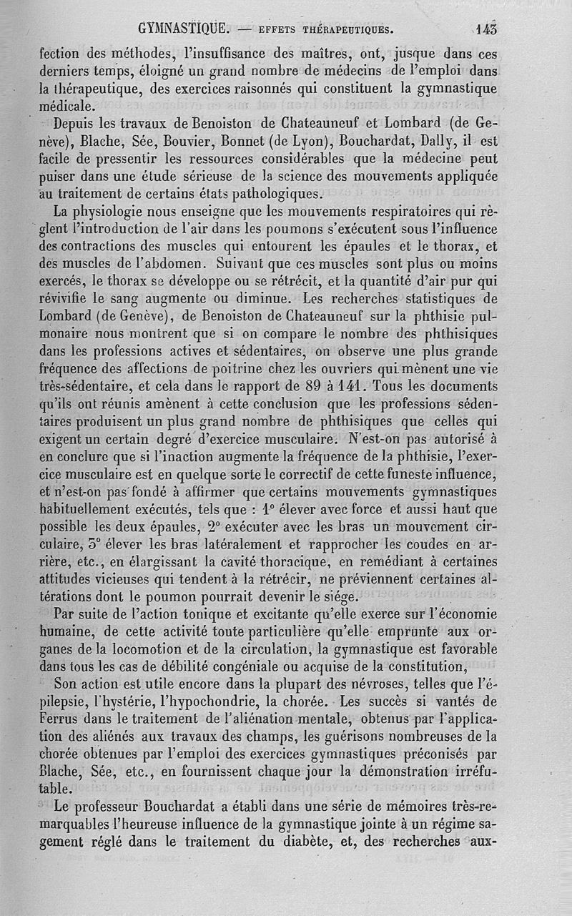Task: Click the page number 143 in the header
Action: pos(485,29)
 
